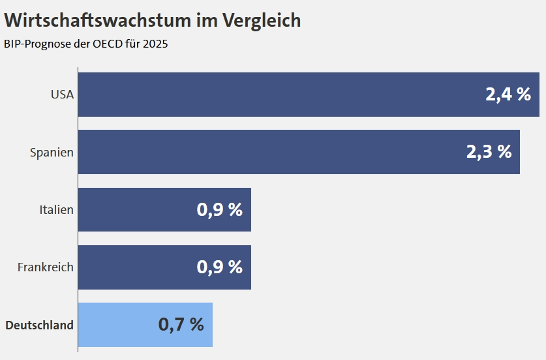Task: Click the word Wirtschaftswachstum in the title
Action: pos(98,21)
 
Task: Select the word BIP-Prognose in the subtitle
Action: pos(35,44)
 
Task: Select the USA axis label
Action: pos(62,95)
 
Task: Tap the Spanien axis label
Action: pos(52,152)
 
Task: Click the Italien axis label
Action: pos(56,210)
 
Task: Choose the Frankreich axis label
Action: pos(45,267)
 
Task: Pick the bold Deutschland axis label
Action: pos(39,325)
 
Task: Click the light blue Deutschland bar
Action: pos(117,325)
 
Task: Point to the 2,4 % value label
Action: pos(508,95)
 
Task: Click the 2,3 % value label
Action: pos(489,152)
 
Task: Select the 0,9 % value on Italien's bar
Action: pos(219,210)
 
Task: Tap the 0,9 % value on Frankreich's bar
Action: pos(219,267)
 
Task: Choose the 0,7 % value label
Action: pos(181,325)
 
